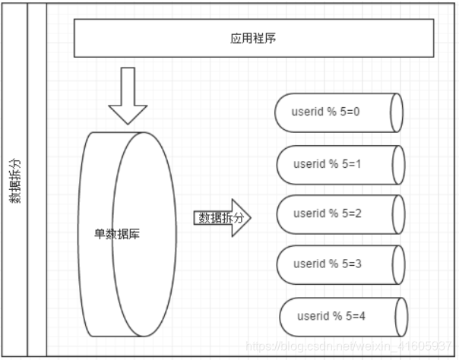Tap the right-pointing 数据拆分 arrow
click(221, 218)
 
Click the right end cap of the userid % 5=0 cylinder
click(396, 112)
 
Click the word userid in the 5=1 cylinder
click(308, 164)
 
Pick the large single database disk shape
click(126, 234)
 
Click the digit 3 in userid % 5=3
click(357, 264)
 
